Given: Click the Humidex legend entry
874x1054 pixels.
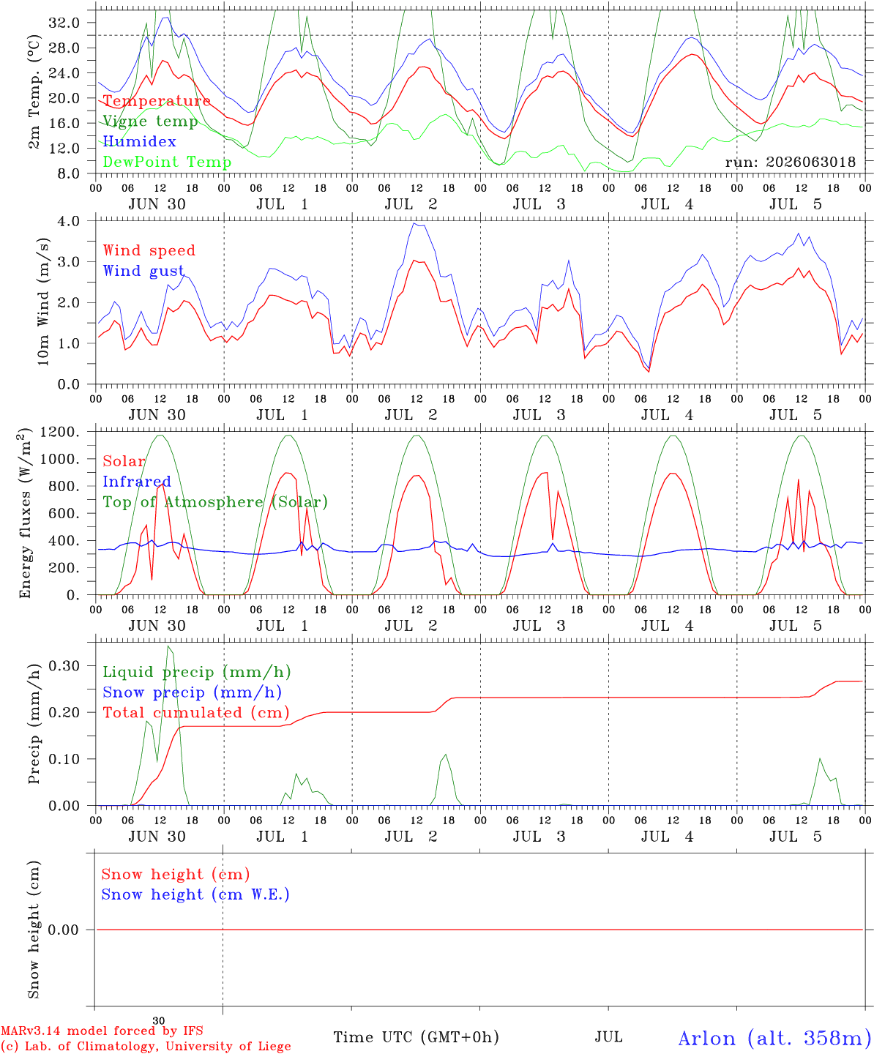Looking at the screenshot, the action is point(139,141).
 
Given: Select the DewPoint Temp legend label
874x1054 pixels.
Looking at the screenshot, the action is point(167,162).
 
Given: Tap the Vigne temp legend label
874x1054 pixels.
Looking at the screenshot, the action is point(151,122).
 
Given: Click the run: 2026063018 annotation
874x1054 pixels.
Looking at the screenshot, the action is point(790,162).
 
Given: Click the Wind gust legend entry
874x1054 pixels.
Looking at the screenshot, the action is point(143,271).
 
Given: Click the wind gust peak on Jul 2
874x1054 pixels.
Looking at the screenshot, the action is point(414,223).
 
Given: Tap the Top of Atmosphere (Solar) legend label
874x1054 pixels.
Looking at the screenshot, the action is point(216,502).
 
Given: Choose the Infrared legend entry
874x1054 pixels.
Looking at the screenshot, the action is point(137,481).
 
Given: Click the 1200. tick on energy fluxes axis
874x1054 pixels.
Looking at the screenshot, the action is point(60,432).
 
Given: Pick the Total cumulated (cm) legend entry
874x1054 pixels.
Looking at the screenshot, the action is point(196,712).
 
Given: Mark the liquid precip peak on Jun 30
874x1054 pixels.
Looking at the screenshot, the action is point(168,646).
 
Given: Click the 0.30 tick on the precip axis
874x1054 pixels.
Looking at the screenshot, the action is point(64,665).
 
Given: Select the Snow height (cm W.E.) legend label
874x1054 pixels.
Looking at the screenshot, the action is point(195,894).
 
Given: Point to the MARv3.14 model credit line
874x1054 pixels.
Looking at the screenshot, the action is point(102,1031).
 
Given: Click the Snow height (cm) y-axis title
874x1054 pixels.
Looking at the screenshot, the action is point(34,930).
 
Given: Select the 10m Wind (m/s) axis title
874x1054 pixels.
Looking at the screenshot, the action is point(43,302).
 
